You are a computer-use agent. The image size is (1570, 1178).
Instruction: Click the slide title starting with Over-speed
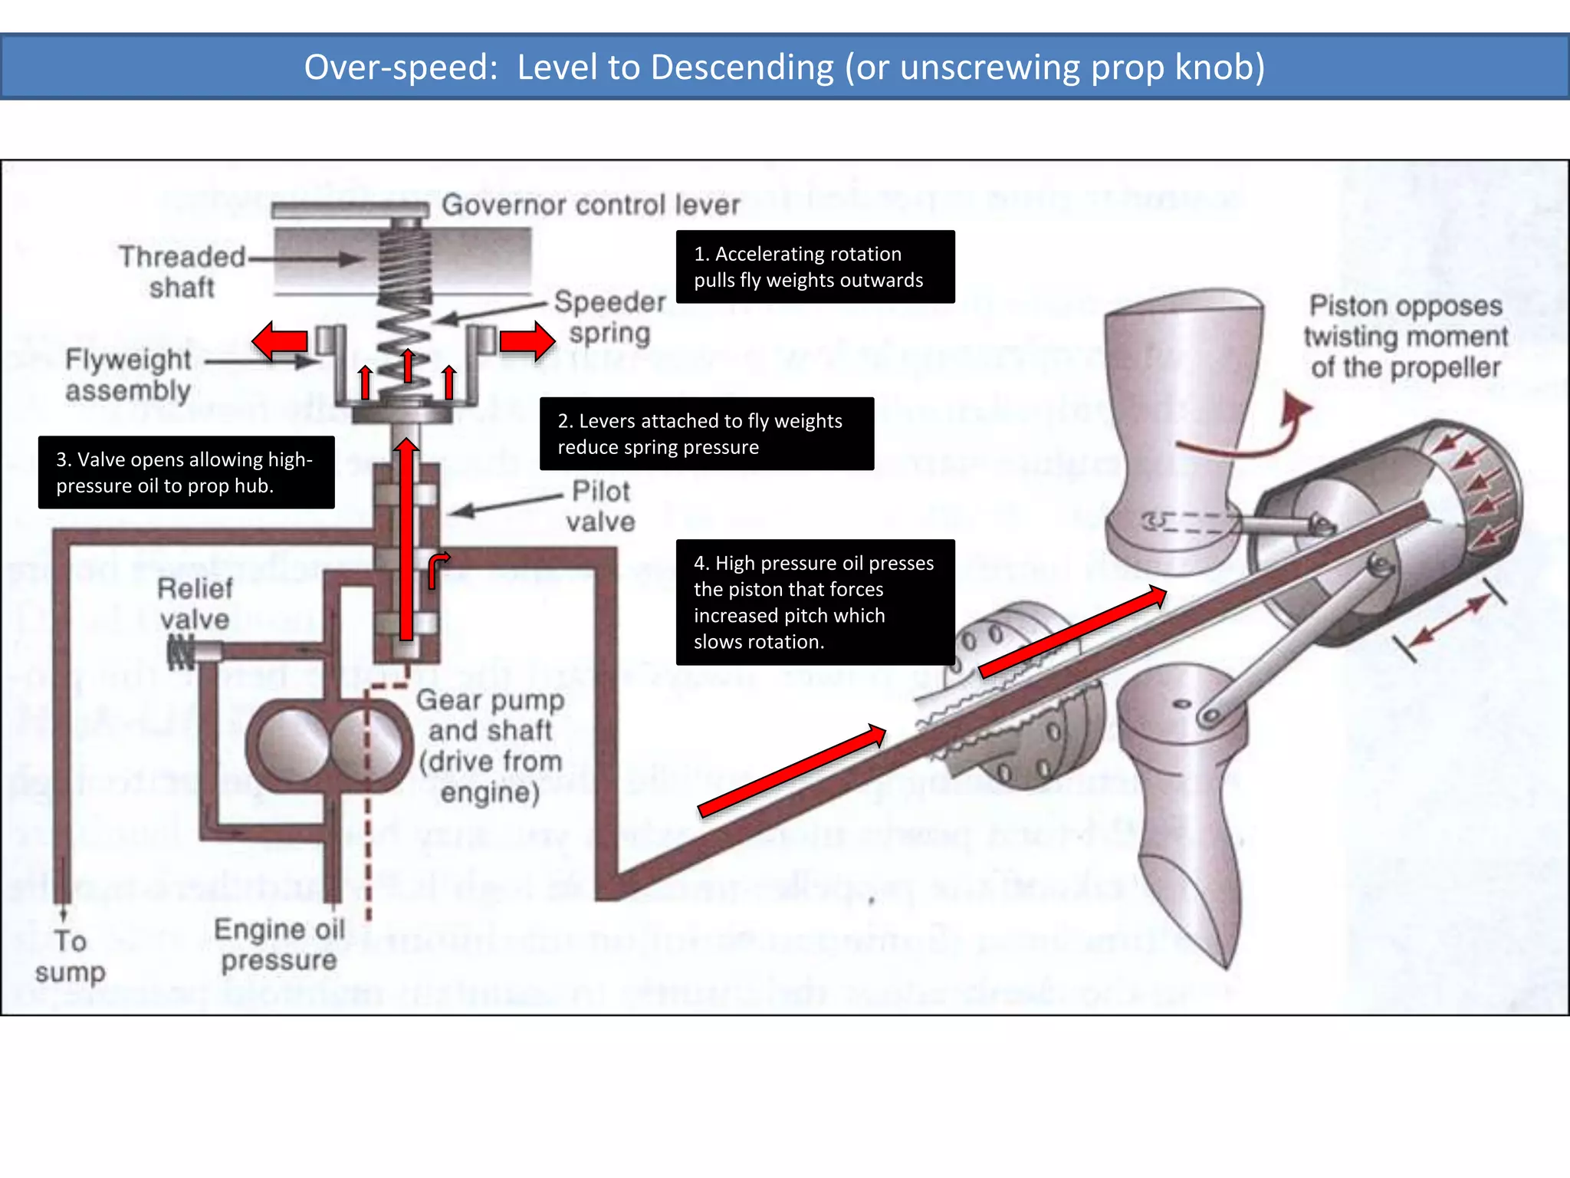pos(783,67)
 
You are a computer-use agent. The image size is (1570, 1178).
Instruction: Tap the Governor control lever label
pos(590,205)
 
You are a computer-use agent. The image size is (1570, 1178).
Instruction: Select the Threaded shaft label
pos(182,271)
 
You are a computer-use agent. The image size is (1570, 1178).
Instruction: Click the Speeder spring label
pos(610,318)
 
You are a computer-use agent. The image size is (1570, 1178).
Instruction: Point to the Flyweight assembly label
pos(128,375)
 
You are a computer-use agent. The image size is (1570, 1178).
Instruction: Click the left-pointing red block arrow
pos(280,341)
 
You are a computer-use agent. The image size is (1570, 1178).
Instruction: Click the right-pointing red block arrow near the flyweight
pos(527,341)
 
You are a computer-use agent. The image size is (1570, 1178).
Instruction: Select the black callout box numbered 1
pos(815,267)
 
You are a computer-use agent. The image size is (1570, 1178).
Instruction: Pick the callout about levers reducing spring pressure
pos(706,433)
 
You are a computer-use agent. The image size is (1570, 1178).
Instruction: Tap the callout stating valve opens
pos(186,472)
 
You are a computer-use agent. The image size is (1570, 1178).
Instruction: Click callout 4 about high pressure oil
pos(815,602)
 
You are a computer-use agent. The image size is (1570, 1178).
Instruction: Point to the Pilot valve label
pos(601,506)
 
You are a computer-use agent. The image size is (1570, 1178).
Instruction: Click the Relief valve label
pos(195,604)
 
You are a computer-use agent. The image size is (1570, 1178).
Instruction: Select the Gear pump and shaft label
pos(491,745)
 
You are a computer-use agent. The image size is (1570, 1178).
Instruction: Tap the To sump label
pos(70,956)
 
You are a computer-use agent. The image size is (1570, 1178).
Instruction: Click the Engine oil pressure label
pos(280,944)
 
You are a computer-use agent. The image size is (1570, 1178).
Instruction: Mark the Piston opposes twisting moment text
pos(1405,337)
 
